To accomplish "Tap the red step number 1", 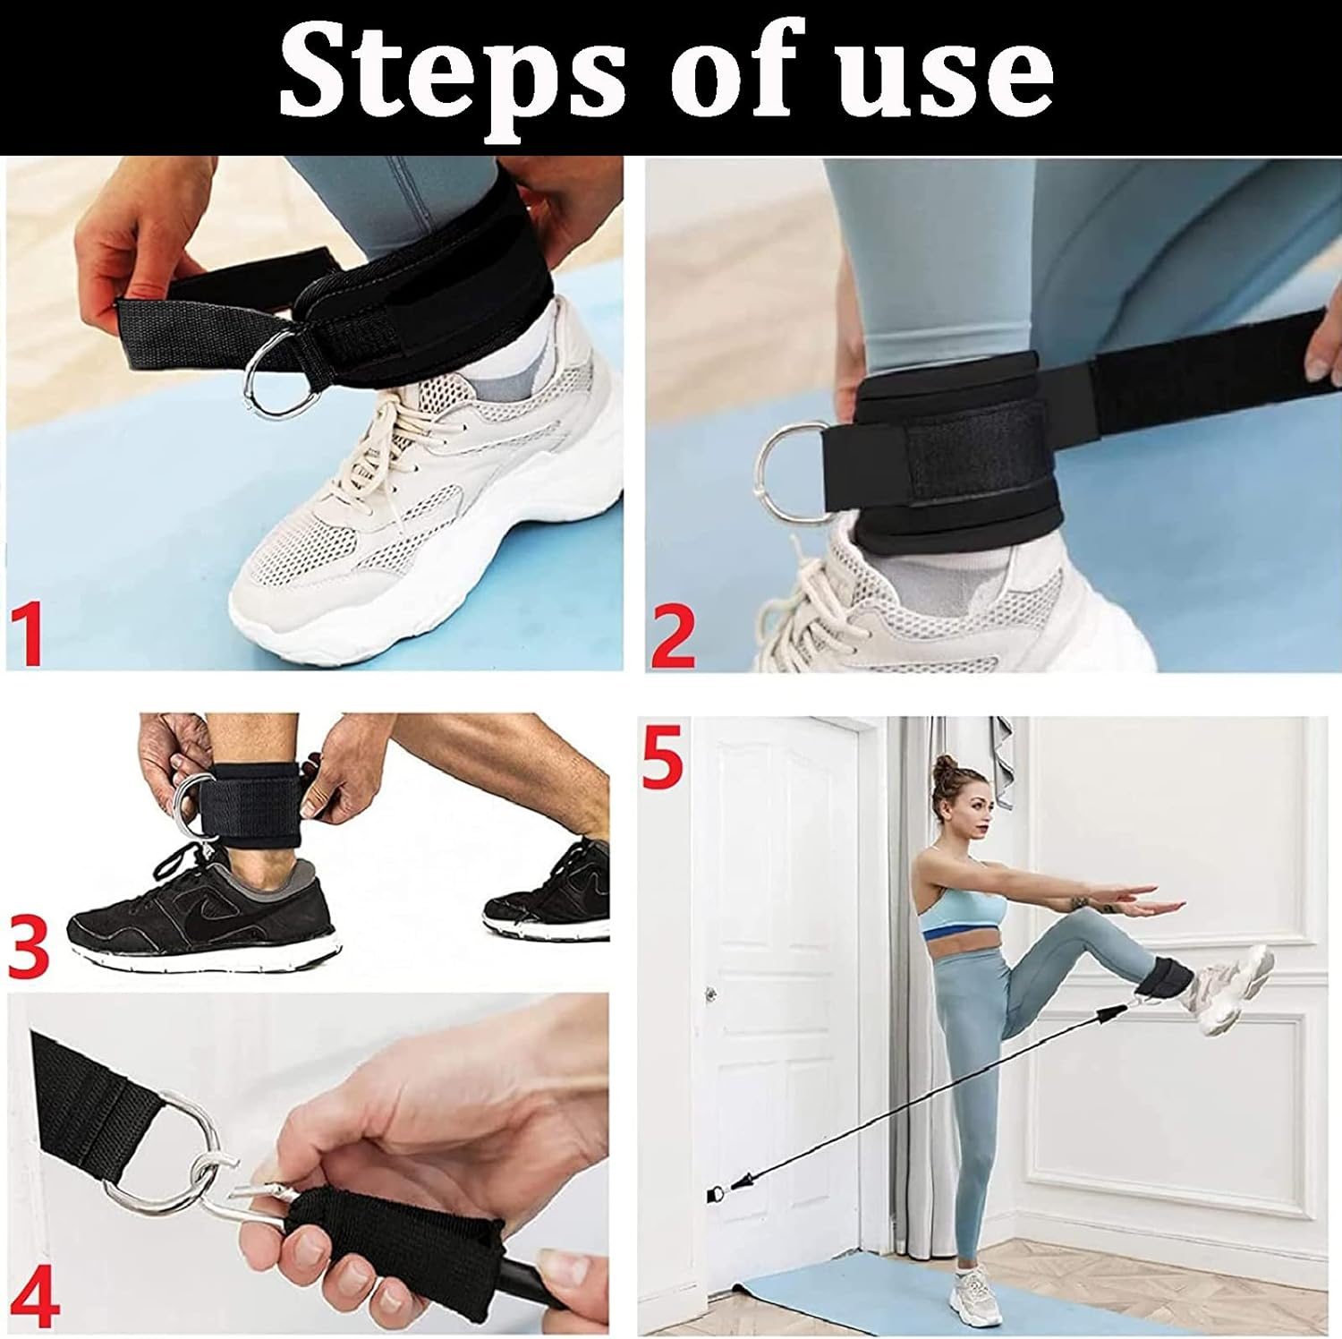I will point(30,635).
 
